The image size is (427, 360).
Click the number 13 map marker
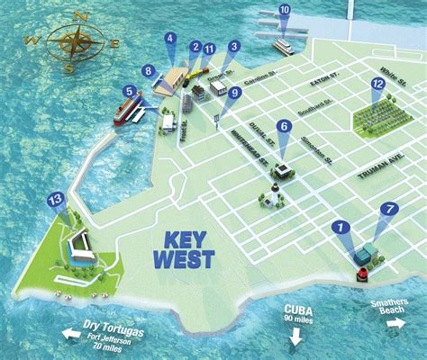click(x=56, y=201)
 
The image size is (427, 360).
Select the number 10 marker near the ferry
click(x=285, y=11)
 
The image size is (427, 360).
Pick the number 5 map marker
click(x=131, y=91)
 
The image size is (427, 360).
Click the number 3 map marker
click(x=234, y=46)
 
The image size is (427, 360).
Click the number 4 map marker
click(x=169, y=38)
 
